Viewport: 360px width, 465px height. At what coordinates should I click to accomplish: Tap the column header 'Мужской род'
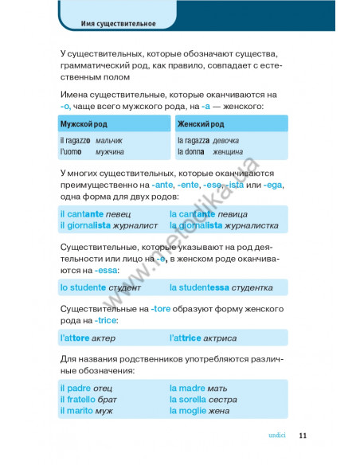coord(84,124)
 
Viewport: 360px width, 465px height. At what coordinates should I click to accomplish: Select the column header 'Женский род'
coord(201,124)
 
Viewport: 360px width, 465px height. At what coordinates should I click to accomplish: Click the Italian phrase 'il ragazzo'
coord(76,140)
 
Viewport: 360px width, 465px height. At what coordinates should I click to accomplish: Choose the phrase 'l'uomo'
coord(71,151)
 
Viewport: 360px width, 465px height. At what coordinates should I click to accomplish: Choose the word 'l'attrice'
coord(190,338)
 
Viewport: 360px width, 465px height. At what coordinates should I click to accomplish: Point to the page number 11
coord(303,435)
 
